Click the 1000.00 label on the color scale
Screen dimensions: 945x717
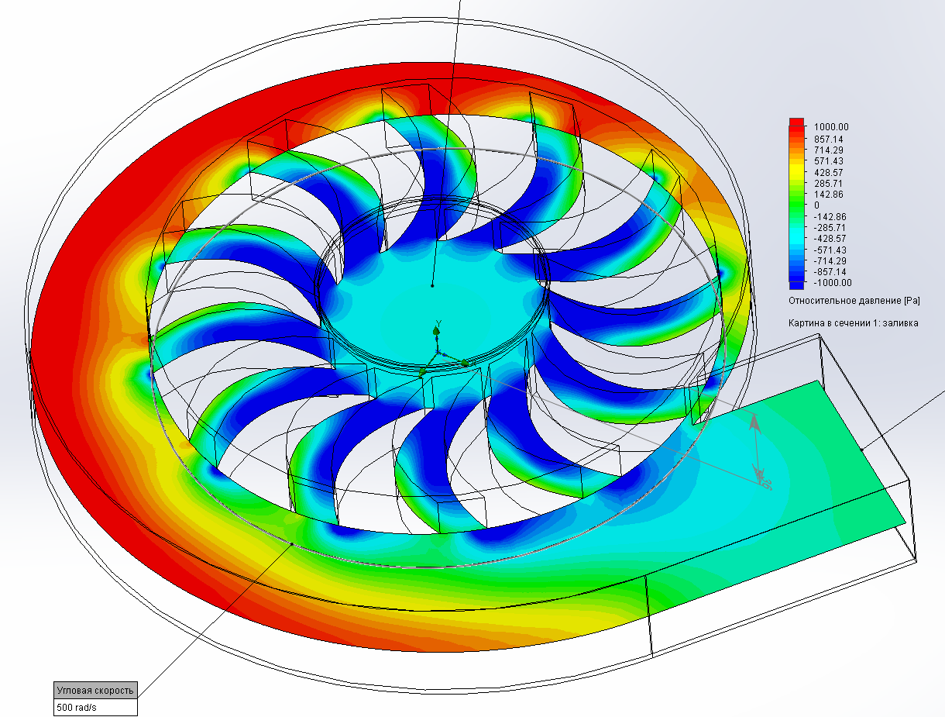831,127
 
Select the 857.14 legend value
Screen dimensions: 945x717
828,139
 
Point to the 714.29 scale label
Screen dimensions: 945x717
828,150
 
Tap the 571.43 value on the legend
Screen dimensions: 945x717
828,161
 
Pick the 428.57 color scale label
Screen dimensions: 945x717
828,172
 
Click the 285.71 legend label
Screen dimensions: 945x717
828,184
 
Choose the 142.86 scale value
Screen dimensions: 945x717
828,195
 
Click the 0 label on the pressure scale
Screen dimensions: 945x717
816,205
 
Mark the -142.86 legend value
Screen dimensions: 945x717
830,216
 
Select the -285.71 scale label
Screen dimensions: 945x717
830,227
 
